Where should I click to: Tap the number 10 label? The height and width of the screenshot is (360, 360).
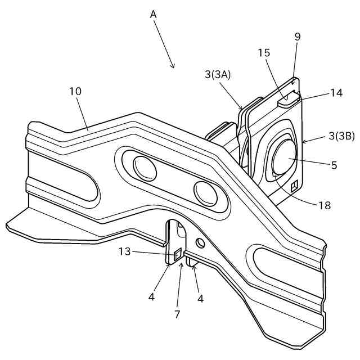point(76,91)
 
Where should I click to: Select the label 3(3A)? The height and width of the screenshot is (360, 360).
point(218,74)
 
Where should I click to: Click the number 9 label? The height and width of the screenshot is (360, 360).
point(298,37)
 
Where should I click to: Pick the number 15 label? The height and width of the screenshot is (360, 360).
point(264,53)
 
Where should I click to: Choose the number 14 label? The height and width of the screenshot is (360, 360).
point(336,93)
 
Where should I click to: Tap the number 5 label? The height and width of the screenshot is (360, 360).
point(334,165)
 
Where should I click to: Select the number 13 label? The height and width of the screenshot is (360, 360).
point(125,251)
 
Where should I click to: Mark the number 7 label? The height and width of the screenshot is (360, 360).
point(177,314)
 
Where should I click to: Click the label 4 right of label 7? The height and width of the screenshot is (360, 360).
point(200,299)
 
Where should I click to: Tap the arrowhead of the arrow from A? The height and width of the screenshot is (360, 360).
point(174,67)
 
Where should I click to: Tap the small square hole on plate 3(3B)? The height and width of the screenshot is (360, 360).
point(294,184)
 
